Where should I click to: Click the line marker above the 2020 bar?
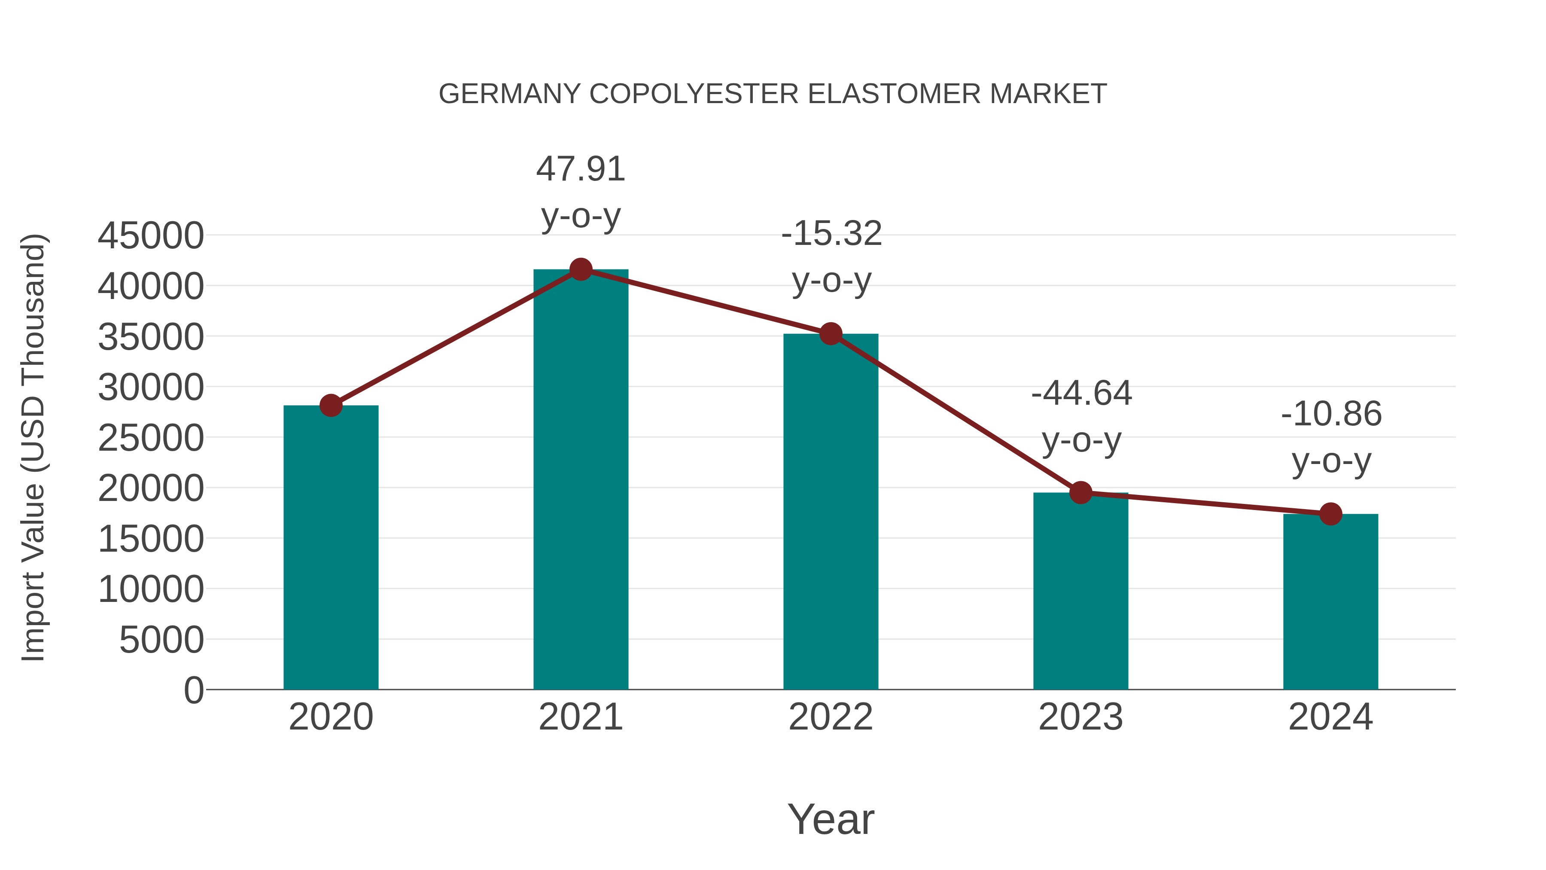pos(331,405)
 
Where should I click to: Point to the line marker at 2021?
pos(580,269)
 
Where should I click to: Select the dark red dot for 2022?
pos(831,334)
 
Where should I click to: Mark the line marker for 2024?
pos(1330,514)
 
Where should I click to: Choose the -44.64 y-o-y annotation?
pos(1081,417)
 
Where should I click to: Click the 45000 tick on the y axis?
pos(151,235)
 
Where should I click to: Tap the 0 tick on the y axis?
pos(193,690)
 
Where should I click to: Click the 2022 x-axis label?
pos(831,717)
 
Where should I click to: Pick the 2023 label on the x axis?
pos(1080,717)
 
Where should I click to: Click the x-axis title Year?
pos(831,819)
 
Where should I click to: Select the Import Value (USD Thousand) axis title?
pos(33,447)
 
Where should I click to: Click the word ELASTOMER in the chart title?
pos(894,94)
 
